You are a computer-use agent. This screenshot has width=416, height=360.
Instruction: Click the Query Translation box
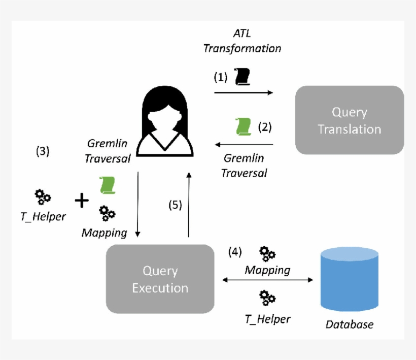click(x=349, y=120)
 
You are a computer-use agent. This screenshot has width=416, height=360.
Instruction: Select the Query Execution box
click(x=160, y=279)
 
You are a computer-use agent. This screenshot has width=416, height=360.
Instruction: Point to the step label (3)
click(x=43, y=151)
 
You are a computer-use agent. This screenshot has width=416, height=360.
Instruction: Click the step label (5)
click(x=175, y=205)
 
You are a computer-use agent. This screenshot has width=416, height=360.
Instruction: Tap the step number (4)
click(x=234, y=252)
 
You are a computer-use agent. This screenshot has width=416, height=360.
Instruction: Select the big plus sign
click(x=81, y=201)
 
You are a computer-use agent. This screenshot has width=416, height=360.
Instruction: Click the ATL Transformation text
click(x=242, y=42)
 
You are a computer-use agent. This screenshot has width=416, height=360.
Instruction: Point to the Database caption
click(x=349, y=324)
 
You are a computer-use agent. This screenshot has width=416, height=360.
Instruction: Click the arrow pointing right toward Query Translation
click(x=244, y=93)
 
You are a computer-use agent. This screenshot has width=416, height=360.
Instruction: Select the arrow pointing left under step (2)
click(x=244, y=145)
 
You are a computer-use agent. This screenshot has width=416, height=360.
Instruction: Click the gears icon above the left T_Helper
click(x=42, y=197)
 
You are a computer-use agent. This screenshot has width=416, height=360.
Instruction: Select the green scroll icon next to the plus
click(x=107, y=185)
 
